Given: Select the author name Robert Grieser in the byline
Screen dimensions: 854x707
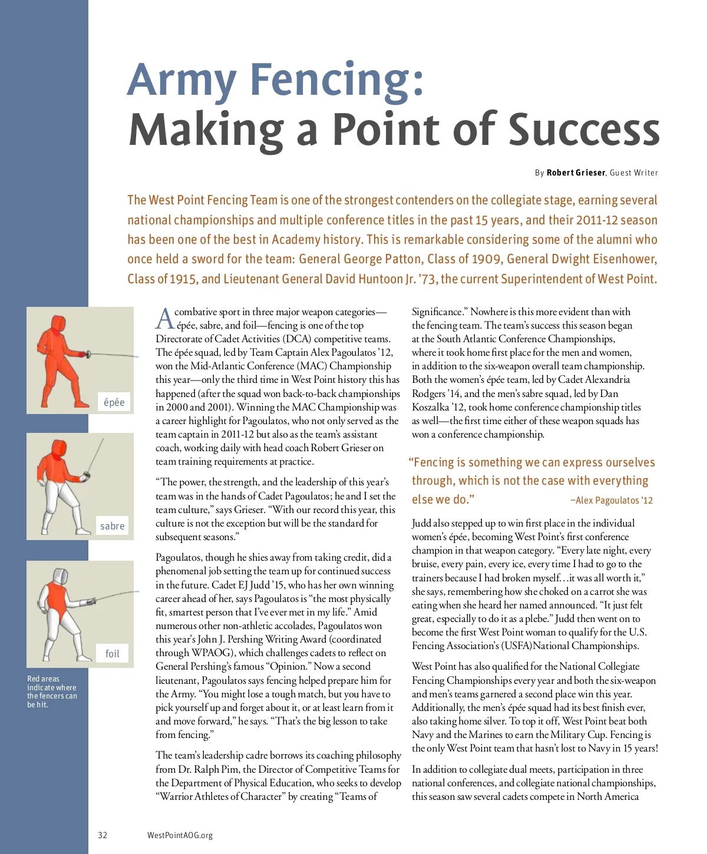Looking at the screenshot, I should (576, 173).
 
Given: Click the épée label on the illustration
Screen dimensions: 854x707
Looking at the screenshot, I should (114, 402).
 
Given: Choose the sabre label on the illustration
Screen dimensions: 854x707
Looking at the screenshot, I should (112, 526).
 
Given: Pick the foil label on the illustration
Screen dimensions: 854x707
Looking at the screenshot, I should (112, 653).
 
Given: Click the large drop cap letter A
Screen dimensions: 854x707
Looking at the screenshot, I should (164, 319).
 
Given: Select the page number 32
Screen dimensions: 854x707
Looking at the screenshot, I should (103, 835).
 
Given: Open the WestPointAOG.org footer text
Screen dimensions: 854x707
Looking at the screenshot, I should (180, 835).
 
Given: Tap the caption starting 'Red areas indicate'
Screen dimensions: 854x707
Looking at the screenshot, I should (51, 691).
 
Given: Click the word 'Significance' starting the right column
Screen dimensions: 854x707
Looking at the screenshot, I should (437, 312).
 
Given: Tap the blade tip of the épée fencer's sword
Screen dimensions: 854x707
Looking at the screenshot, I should (137, 357).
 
